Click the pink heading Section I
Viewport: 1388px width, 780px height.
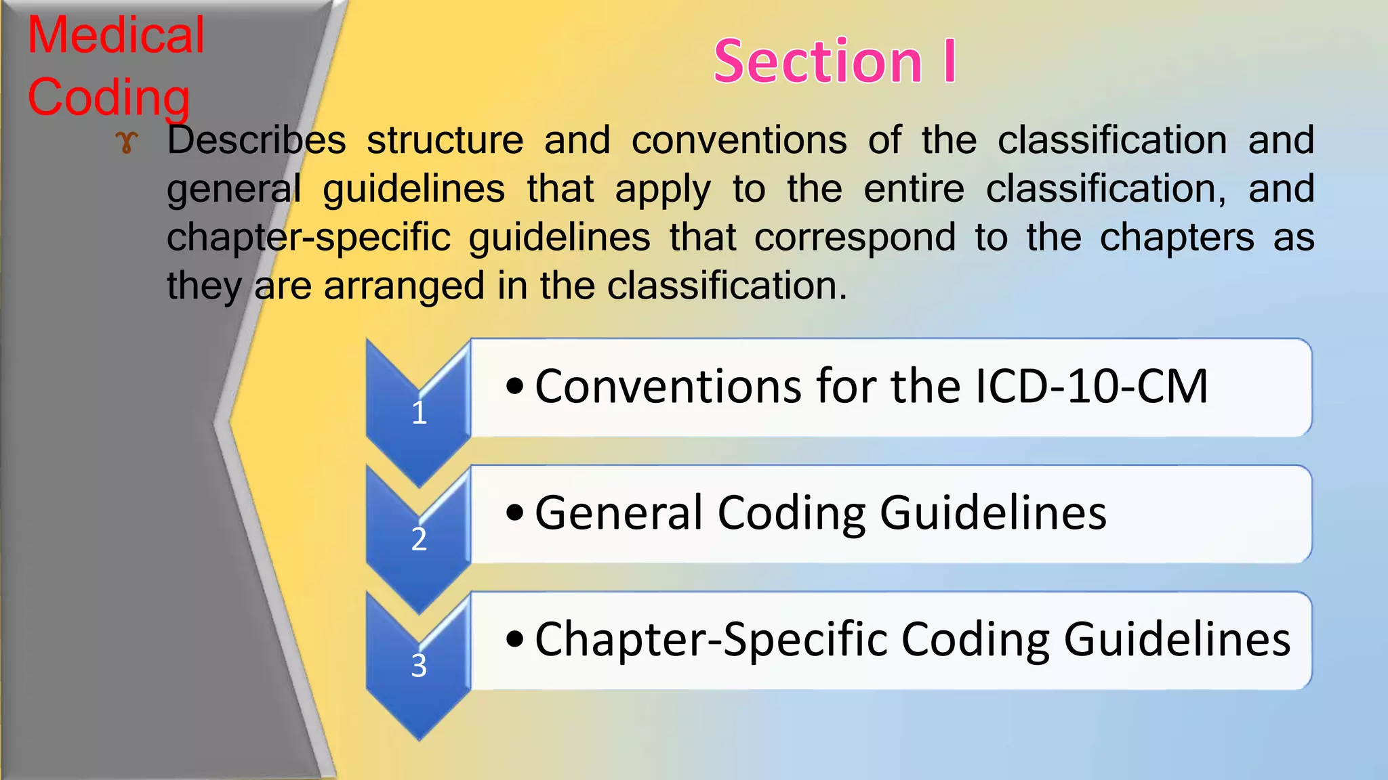pyautogui.click(x=835, y=62)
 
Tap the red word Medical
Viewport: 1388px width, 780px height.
pyautogui.click(x=116, y=35)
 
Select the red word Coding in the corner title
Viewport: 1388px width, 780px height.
pyautogui.click(x=108, y=97)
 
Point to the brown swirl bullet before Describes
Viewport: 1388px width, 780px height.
pyautogui.click(x=127, y=142)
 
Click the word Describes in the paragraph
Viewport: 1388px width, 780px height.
pyautogui.click(x=257, y=140)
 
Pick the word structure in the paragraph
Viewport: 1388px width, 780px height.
pyautogui.click(x=445, y=140)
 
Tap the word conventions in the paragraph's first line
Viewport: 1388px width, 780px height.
pyautogui.click(x=739, y=140)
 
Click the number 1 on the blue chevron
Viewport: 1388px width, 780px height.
pyautogui.click(x=419, y=412)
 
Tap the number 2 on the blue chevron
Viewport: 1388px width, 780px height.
pyautogui.click(x=419, y=539)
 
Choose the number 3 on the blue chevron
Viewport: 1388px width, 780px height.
pyautogui.click(x=419, y=666)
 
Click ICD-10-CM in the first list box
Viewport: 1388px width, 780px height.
pyautogui.click(x=1090, y=387)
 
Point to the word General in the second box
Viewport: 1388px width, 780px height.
pyautogui.click(x=618, y=513)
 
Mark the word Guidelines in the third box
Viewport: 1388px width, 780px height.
pyautogui.click(x=1177, y=639)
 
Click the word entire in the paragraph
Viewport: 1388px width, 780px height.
pyautogui.click(x=914, y=189)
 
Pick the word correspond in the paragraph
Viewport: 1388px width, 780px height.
pyautogui.click(x=855, y=238)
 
